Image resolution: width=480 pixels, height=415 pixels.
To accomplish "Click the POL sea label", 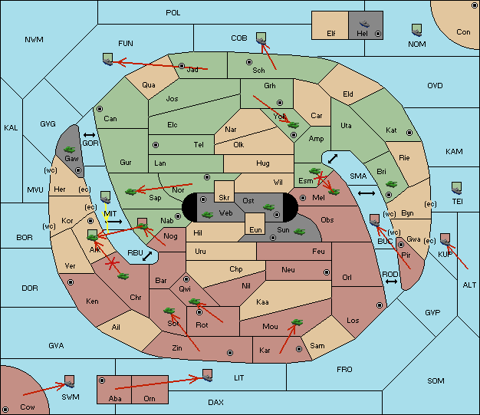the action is coord(173,13).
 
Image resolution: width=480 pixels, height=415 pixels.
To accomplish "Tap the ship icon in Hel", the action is coord(364,24).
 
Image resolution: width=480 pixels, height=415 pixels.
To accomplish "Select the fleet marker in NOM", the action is coord(416,31).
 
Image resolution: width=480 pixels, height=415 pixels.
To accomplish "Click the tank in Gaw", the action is coord(70,150).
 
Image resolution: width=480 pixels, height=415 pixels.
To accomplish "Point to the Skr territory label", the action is coord(224,198).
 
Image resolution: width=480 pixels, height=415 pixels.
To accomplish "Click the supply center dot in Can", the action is coord(100,109).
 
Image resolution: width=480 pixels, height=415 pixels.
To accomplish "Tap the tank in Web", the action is coord(208,214).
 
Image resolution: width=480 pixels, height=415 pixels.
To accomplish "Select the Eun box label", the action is coord(255,229).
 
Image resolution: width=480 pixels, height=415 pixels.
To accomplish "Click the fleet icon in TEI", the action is coord(457,188).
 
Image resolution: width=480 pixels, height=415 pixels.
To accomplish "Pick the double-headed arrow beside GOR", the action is coord(89,135).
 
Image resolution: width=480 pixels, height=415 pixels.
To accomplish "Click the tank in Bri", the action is coord(392,184).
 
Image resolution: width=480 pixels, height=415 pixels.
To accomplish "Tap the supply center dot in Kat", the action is coord(409,133).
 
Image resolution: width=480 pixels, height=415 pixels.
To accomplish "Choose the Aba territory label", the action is coord(115,398).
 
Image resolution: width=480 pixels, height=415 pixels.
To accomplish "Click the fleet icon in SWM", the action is coord(70,381).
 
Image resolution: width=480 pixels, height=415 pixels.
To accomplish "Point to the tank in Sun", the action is coord(299,232).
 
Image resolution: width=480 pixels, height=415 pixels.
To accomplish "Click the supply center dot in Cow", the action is coord(5,410).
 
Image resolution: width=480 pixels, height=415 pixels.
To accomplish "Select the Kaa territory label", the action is coord(262,302).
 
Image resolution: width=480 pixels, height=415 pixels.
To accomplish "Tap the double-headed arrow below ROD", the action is coord(391,282).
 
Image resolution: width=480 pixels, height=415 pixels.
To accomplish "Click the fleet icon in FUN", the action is coord(108,59).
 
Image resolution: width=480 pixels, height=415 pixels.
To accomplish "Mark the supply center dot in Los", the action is coord(380,305).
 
